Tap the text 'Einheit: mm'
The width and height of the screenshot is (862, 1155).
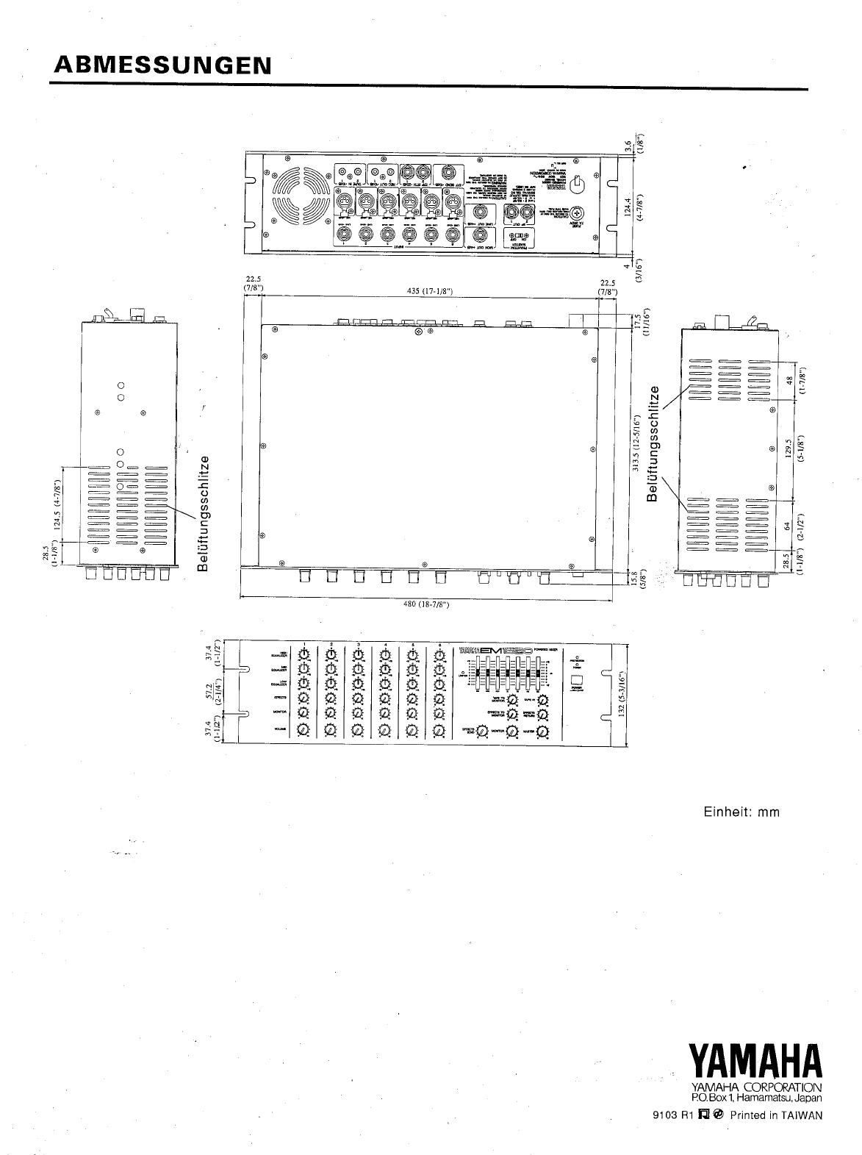click(x=741, y=812)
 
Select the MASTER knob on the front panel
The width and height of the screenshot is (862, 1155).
click(x=542, y=732)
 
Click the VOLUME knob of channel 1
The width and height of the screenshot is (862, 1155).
click(x=304, y=730)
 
